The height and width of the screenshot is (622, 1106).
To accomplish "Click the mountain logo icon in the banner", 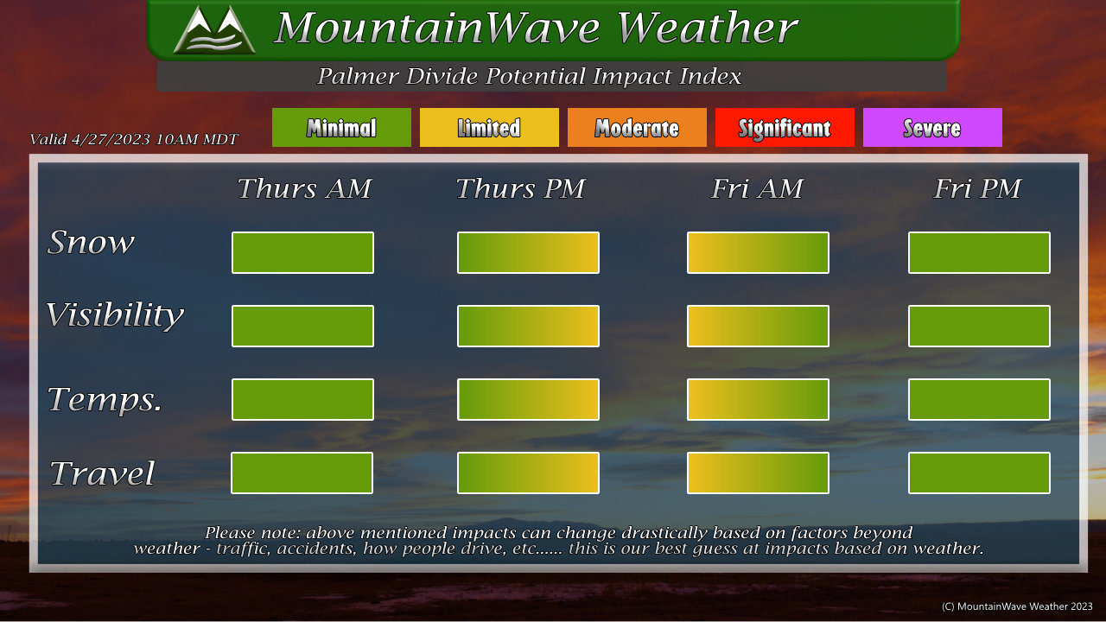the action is [x=214, y=29].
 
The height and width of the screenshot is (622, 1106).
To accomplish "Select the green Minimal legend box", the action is [x=341, y=127].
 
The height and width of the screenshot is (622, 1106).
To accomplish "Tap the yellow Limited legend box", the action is [x=489, y=127].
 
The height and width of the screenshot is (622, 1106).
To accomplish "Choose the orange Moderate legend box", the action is [x=637, y=127].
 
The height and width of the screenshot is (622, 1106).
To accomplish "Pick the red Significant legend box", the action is [x=785, y=127].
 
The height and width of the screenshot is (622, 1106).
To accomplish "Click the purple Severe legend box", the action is [x=932, y=127].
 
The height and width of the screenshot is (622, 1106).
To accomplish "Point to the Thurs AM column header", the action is [x=304, y=188].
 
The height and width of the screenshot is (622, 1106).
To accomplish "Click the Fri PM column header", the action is [x=977, y=188].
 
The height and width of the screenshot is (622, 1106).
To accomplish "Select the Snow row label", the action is [x=91, y=242].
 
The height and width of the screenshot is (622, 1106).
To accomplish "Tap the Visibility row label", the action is [x=115, y=315].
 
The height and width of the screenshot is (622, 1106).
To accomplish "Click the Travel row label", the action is [x=102, y=473].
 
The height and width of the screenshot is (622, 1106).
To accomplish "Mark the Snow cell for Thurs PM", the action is [x=528, y=253].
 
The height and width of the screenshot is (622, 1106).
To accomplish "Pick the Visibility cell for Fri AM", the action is [x=758, y=326].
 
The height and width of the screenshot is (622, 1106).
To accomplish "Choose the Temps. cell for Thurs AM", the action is [x=302, y=399].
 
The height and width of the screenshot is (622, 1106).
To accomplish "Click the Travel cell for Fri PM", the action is [x=979, y=473].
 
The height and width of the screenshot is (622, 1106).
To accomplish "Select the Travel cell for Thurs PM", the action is [x=528, y=473].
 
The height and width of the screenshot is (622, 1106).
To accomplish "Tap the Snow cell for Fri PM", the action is [x=979, y=253].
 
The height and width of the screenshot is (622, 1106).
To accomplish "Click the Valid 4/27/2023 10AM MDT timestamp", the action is [x=134, y=139].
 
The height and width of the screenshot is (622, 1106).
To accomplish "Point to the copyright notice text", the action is [x=1017, y=606].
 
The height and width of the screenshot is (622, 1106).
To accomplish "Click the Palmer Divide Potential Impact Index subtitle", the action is [x=529, y=76].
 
